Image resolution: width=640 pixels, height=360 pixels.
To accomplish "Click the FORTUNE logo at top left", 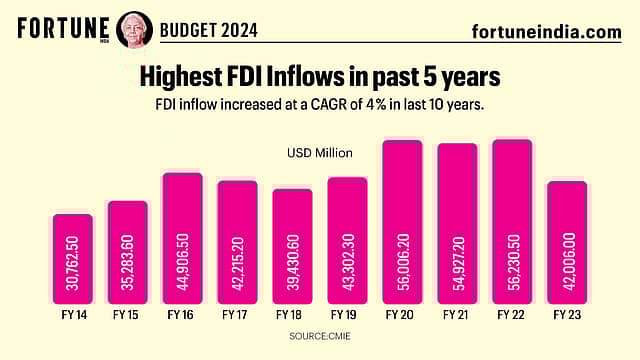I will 61,27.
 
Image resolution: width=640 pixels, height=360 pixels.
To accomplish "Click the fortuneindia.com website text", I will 545,32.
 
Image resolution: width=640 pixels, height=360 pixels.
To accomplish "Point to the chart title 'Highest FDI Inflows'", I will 319,76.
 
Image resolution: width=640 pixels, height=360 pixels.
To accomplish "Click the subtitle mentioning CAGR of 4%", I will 319,105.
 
